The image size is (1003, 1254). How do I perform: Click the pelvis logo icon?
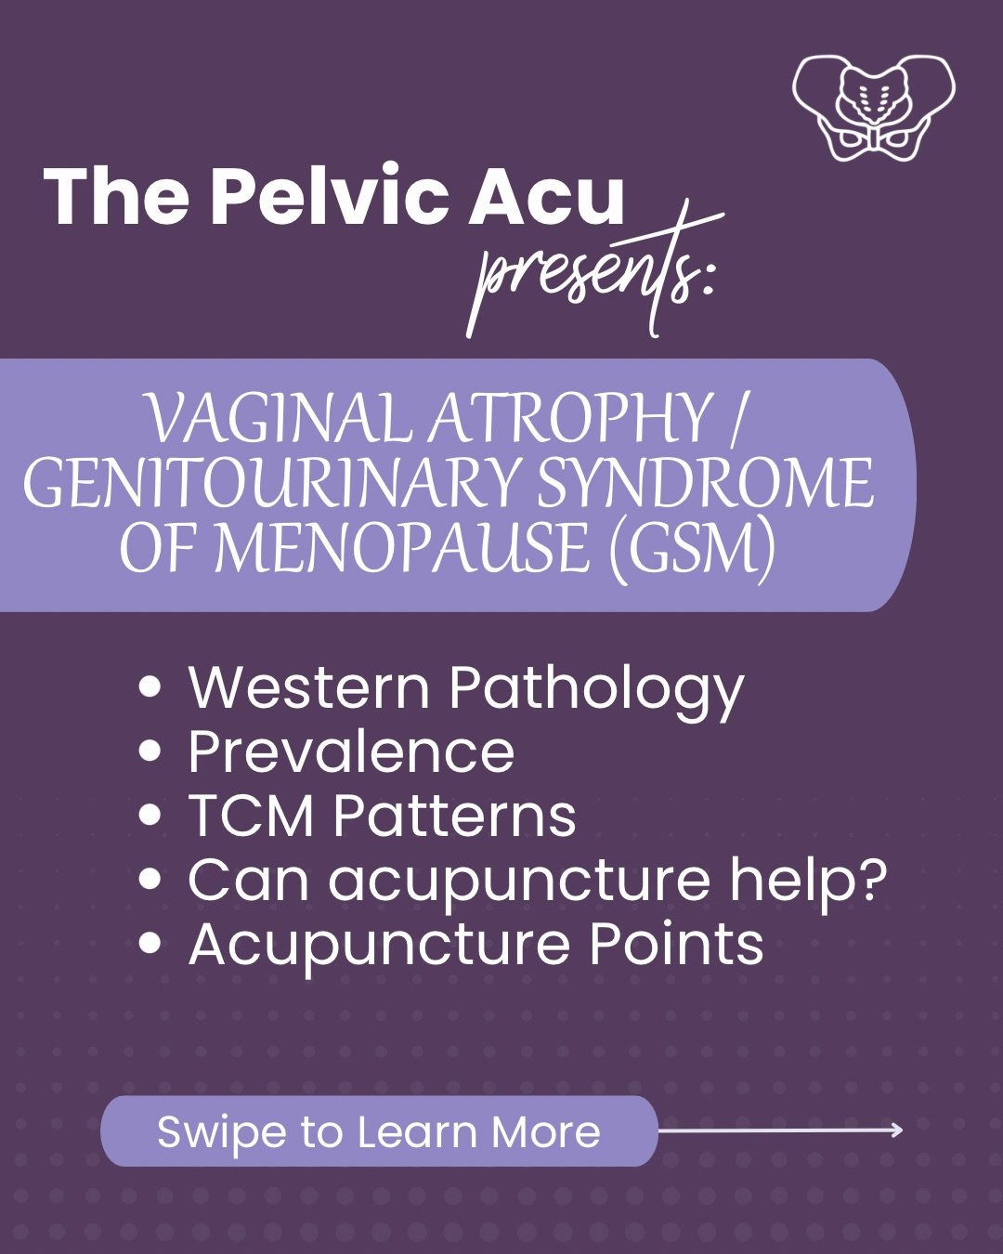click(x=873, y=107)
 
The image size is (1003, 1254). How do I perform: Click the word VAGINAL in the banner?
click(x=278, y=419)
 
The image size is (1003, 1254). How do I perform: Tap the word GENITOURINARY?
click(x=269, y=483)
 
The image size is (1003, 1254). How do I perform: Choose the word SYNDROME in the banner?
click(x=705, y=483)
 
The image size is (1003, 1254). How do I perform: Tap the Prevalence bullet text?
click(x=351, y=751)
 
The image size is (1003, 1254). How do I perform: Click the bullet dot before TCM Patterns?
click(x=150, y=816)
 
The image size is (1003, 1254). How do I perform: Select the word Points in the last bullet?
click(x=677, y=944)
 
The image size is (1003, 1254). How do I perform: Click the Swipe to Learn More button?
click(x=379, y=1131)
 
